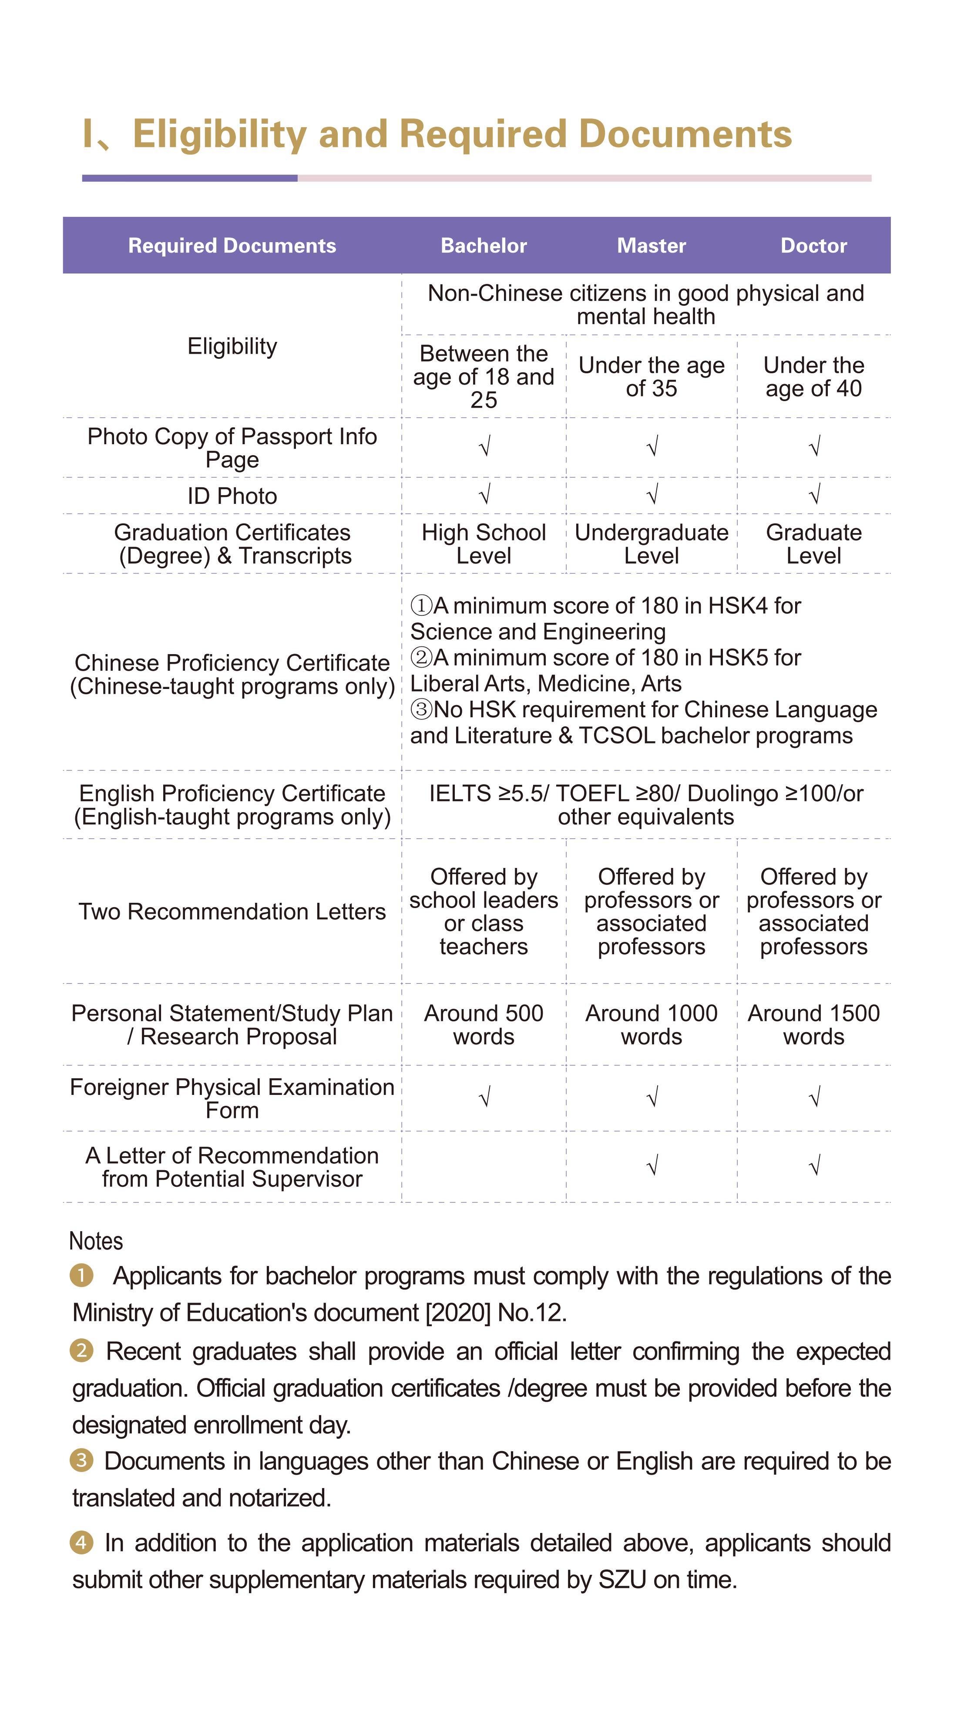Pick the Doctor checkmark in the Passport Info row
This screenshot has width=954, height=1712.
click(x=814, y=446)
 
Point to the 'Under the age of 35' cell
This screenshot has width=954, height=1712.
click(x=651, y=377)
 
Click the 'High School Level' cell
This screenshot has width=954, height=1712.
click(x=484, y=544)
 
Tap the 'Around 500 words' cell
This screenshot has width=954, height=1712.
click(x=484, y=1024)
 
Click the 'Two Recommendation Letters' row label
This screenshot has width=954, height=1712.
click(x=232, y=911)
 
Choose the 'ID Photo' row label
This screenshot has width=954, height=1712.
click(x=232, y=496)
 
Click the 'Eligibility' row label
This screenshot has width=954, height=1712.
click(x=232, y=346)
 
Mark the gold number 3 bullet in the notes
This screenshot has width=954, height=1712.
click(x=81, y=1460)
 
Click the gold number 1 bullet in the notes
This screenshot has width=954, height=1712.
click(x=81, y=1275)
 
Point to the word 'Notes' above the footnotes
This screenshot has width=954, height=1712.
click(x=96, y=1241)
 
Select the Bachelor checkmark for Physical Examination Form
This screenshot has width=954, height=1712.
click(x=485, y=1097)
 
